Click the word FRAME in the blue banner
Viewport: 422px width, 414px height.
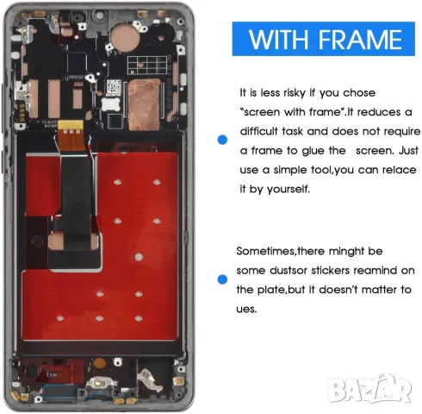363,39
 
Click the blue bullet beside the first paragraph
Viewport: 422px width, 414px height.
223,138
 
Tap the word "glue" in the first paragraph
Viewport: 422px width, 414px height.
326,151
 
